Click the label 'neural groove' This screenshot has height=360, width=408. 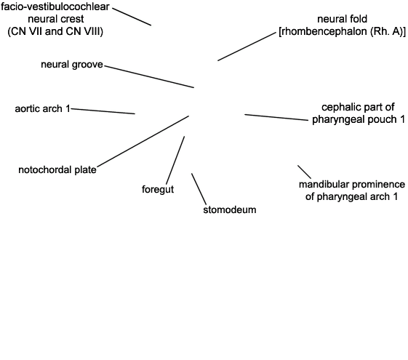(x=72, y=65)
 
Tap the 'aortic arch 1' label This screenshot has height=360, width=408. (x=42, y=109)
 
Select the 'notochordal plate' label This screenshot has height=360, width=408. (x=57, y=170)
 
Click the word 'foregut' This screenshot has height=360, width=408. (x=158, y=189)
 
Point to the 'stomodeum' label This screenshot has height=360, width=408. (x=230, y=209)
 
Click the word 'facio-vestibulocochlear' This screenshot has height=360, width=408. (x=55, y=7)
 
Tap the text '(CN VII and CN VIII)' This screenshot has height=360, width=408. (x=55, y=31)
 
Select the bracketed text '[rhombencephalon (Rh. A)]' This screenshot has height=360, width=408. (x=342, y=31)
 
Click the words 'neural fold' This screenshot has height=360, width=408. (x=342, y=19)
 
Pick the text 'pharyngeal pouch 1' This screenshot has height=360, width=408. (x=359, y=119)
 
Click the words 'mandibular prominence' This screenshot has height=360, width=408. (x=352, y=185)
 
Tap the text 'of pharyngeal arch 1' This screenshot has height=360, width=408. (x=352, y=196)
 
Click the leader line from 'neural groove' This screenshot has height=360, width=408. (x=149, y=77)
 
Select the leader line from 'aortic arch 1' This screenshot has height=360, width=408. (x=103, y=111)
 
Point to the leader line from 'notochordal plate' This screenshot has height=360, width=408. (x=143, y=141)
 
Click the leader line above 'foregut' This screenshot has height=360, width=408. (x=175, y=160)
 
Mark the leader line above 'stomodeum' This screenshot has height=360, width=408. (x=199, y=189)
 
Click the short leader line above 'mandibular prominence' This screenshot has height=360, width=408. (x=305, y=172)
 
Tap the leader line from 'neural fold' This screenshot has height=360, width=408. (x=247, y=47)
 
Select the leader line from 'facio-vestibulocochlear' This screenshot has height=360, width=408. (x=132, y=17)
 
